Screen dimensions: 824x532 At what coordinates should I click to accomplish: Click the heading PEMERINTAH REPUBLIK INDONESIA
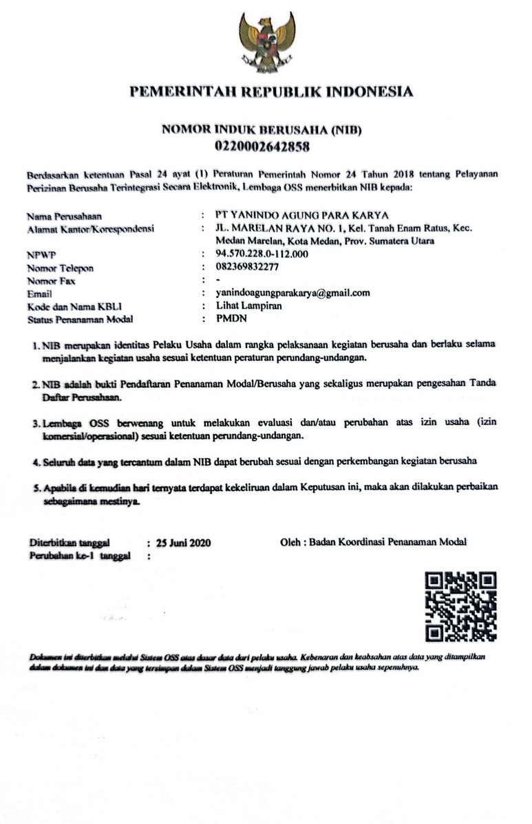[x=272, y=92]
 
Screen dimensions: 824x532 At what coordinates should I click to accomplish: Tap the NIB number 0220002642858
[x=262, y=146]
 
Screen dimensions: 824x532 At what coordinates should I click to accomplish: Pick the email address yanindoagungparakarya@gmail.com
[x=292, y=292]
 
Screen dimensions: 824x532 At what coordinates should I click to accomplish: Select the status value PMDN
[x=231, y=318]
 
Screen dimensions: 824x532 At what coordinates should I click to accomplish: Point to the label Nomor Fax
[x=52, y=281]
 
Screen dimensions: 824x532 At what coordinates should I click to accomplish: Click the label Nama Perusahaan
[x=67, y=216]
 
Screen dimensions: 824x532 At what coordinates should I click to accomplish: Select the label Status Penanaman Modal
[x=81, y=319]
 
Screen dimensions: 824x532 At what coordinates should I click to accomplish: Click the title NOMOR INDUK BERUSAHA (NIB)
[x=262, y=130]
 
